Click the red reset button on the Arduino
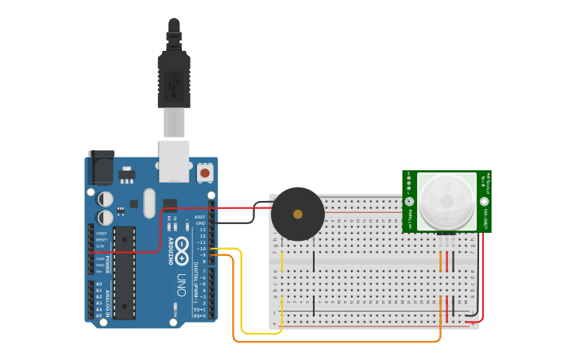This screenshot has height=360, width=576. pyautogui.click(x=205, y=172)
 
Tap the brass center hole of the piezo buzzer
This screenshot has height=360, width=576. pyautogui.click(x=298, y=214)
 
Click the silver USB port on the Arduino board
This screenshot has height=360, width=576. pyautogui.click(x=174, y=161)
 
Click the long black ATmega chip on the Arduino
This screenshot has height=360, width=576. pyautogui.click(x=124, y=270)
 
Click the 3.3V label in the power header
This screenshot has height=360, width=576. pyautogui.click(x=101, y=246)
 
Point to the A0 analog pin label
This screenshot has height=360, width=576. pyautogui.click(x=99, y=284)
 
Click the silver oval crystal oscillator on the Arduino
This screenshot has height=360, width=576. pyautogui.click(x=149, y=203)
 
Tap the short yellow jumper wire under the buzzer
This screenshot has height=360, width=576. pyautogui.click(x=282, y=261)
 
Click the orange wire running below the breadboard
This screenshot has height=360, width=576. pyautogui.click(x=334, y=342)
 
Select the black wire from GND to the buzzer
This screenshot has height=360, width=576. pyautogui.click(x=238, y=223)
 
